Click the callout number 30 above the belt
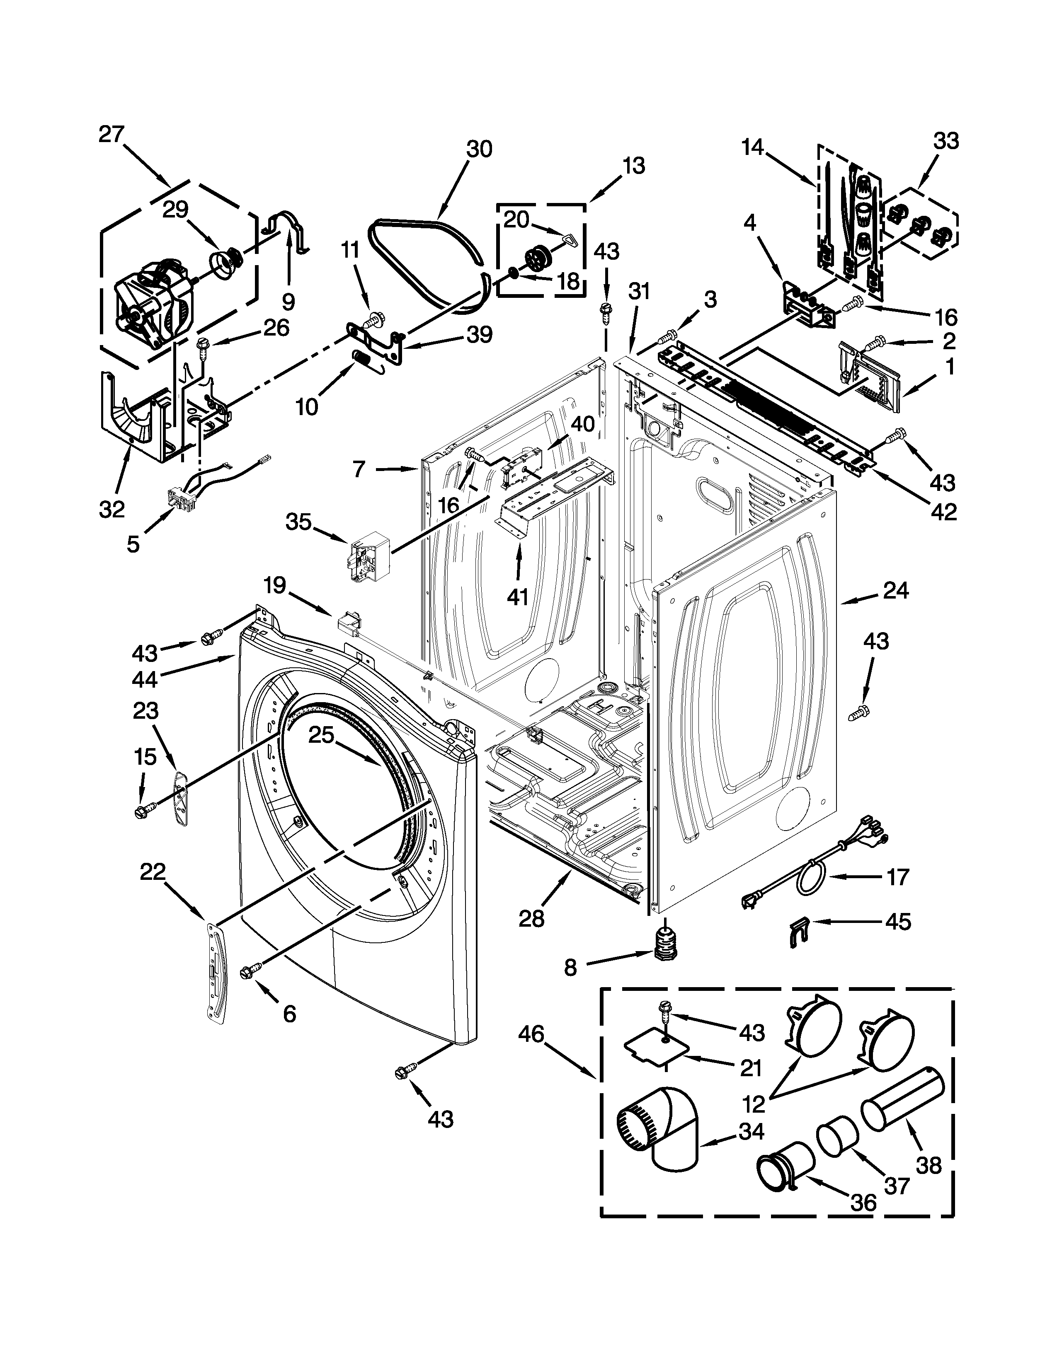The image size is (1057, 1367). click(479, 149)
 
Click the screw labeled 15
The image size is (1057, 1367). click(140, 811)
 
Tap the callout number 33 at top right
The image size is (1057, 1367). click(945, 141)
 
